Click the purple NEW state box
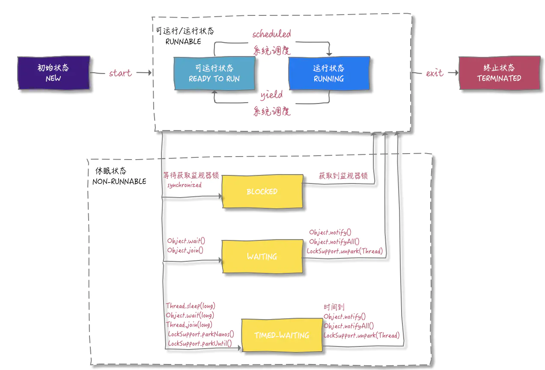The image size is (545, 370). [54, 73]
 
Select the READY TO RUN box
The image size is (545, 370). [214, 73]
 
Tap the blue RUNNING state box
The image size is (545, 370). [329, 73]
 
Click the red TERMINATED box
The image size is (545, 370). [499, 73]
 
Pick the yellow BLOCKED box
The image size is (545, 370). [262, 192]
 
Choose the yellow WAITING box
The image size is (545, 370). [262, 257]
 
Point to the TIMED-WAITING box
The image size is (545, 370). [282, 335]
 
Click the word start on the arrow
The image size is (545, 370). [120, 73]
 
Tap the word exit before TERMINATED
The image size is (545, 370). [434, 73]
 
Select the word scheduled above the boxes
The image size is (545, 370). [271, 34]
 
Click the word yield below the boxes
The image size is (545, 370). [271, 95]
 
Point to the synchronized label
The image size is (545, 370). [184, 185]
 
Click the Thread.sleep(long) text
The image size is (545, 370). [191, 306]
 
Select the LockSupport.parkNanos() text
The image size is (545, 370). [201, 334]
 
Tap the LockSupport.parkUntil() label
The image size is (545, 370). [200, 343]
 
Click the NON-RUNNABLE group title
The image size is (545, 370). [119, 181]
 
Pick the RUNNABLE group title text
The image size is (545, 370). [183, 41]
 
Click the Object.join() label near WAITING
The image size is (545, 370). [185, 250]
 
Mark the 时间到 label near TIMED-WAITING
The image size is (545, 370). [334, 307]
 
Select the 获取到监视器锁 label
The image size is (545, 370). [343, 176]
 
